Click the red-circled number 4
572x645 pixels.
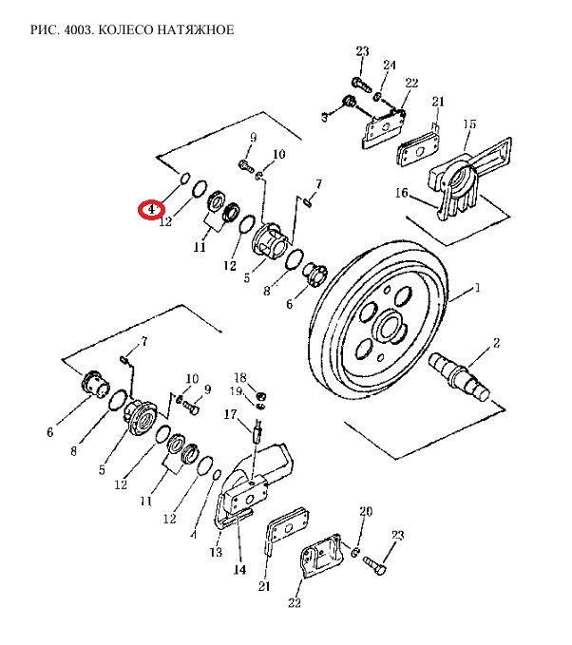tap(151, 210)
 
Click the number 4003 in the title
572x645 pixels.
tap(78, 30)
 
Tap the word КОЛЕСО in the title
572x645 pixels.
tap(124, 30)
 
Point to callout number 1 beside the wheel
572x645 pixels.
tap(477, 288)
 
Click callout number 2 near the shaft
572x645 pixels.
tap(496, 343)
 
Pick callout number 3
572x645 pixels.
tap(324, 118)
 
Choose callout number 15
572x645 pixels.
tap(469, 123)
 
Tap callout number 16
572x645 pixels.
tap(402, 193)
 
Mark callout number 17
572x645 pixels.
tap(231, 414)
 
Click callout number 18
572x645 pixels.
tap(240, 377)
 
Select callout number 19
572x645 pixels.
tap(237, 390)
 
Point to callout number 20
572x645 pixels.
tap(366, 511)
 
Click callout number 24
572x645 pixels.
tap(390, 65)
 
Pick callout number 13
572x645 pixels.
tap(216, 552)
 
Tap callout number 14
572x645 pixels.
tap(239, 569)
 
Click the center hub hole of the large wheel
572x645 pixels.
tap(390, 328)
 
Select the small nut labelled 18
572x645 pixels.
tap(260, 396)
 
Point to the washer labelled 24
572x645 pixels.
tap(377, 97)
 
